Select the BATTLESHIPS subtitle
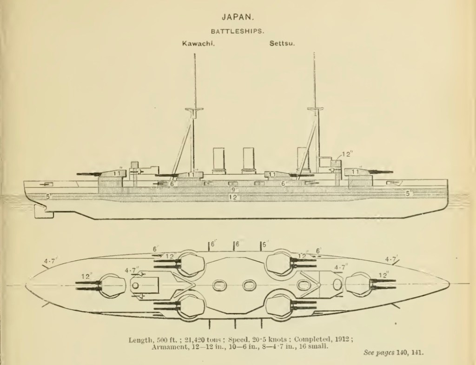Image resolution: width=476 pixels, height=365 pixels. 238,31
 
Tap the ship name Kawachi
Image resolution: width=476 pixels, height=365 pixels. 195,44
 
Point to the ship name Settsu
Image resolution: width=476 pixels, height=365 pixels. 283,44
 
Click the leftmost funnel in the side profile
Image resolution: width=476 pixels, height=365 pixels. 219,161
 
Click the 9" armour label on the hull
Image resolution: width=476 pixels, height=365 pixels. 235,190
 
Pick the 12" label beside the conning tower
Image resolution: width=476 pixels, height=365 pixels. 347,154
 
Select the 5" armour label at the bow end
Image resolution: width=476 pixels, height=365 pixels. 408,193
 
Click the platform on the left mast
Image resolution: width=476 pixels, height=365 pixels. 195,111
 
